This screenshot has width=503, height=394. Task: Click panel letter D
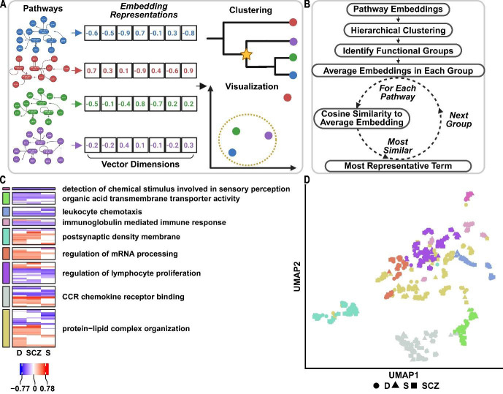(307, 180)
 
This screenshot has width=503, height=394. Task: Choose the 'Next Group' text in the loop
(458, 115)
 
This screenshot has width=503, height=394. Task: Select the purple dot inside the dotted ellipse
(268, 136)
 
